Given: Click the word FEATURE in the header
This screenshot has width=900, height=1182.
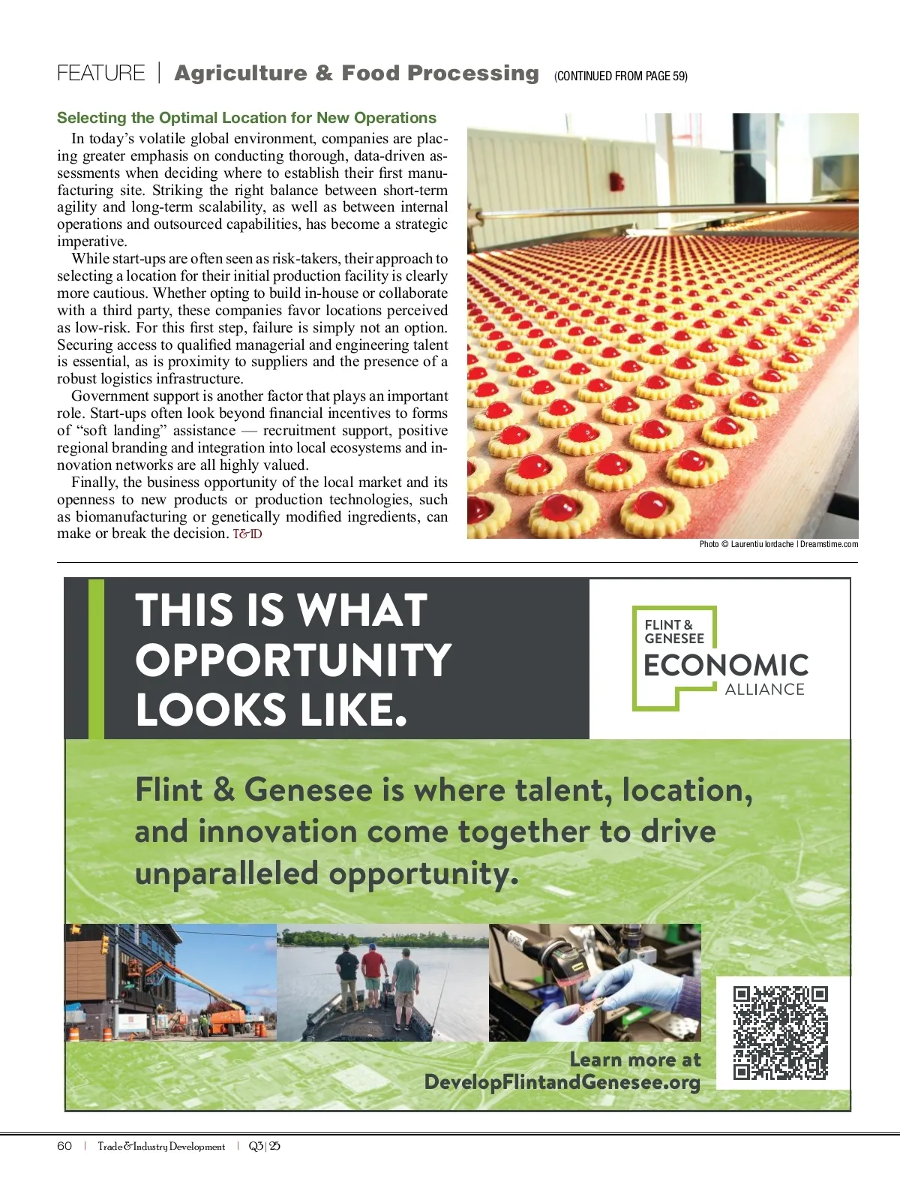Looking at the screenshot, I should (x=100, y=74).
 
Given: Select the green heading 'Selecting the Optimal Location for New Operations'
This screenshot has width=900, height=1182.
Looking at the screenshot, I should (x=246, y=118).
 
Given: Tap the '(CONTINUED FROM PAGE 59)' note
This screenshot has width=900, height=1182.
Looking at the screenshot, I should (x=620, y=76).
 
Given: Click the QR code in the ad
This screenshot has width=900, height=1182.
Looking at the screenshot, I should (x=780, y=1033).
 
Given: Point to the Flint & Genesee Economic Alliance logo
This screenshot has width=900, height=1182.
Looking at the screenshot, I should (x=721, y=658).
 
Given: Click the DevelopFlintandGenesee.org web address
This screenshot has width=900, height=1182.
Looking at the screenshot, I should (x=562, y=1082).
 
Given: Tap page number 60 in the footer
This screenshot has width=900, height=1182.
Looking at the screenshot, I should (x=64, y=1146).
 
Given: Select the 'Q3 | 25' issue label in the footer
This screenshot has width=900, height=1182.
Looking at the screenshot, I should (x=264, y=1146).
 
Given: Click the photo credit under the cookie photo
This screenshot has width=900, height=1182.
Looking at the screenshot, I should (x=778, y=544).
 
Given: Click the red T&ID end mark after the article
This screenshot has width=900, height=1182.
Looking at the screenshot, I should (x=247, y=534).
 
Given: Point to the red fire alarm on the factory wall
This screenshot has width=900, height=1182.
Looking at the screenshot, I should (x=617, y=181).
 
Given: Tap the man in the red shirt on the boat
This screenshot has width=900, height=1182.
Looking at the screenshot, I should (x=373, y=976).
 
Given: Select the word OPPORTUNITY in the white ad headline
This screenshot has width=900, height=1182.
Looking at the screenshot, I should (x=292, y=660).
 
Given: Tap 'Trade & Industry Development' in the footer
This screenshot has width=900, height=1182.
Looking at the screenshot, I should (x=161, y=1146).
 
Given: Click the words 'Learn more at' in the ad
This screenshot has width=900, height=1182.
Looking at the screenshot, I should (x=634, y=1059).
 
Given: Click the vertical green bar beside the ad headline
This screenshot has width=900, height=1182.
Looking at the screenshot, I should (x=96, y=658).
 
